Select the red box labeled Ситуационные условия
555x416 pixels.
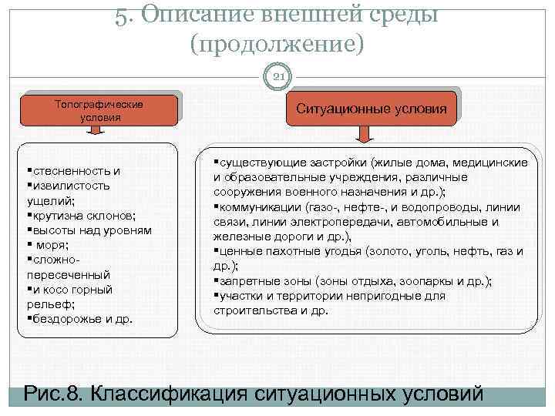tap(371, 109)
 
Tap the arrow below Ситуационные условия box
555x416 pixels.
tap(364, 135)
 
